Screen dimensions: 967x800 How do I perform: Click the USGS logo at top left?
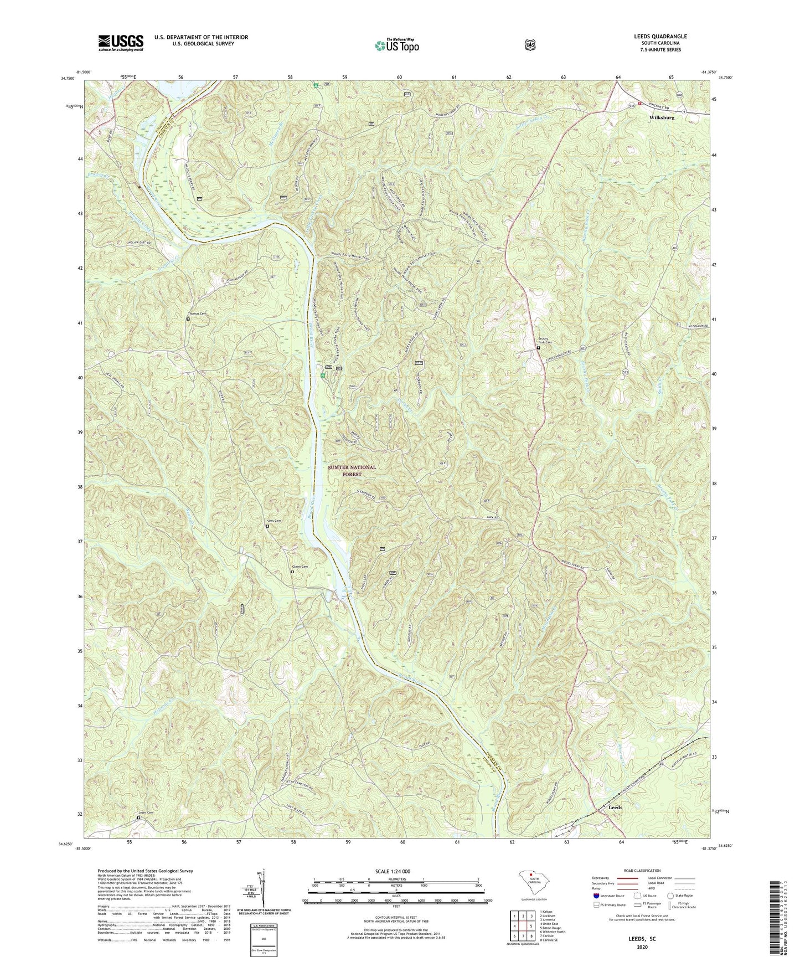[121, 42]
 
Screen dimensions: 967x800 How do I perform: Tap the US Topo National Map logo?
[396, 45]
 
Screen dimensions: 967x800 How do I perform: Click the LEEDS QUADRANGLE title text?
[660, 37]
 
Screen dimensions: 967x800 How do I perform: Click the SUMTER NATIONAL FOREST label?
[352, 471]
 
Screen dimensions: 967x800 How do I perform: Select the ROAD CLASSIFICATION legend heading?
[642, 871]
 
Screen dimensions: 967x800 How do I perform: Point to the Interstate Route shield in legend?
[596, 895]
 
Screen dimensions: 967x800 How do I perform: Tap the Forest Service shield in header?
[530, 44]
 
